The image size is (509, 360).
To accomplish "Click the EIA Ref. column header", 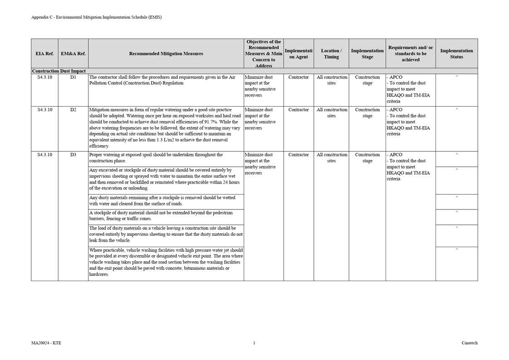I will (44, 54).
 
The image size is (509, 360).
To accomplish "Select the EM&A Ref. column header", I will (73, 54).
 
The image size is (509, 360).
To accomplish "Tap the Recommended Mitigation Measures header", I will (166, 54).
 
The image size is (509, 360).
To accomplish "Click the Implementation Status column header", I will (456, 54).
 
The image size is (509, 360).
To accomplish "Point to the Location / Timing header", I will (331, 54).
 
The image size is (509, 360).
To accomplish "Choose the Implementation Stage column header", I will (367, 54).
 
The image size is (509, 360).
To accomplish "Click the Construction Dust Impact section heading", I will (59, 71).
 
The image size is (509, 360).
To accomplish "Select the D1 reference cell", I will (73, 77).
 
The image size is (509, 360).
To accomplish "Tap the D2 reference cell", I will (73, 110).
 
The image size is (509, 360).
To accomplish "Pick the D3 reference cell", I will (73, 155).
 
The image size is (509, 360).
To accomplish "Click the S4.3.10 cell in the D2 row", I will (44, 110).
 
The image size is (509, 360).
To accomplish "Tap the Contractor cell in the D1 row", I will (299, 77).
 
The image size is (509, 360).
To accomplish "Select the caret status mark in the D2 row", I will (456, 109).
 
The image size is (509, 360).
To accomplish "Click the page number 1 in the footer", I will (254, 343).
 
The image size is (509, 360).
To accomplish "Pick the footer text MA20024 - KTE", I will (46, 343).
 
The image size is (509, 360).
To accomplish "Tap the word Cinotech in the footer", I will (470, 343).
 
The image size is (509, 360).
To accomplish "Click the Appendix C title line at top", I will (96, 17).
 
